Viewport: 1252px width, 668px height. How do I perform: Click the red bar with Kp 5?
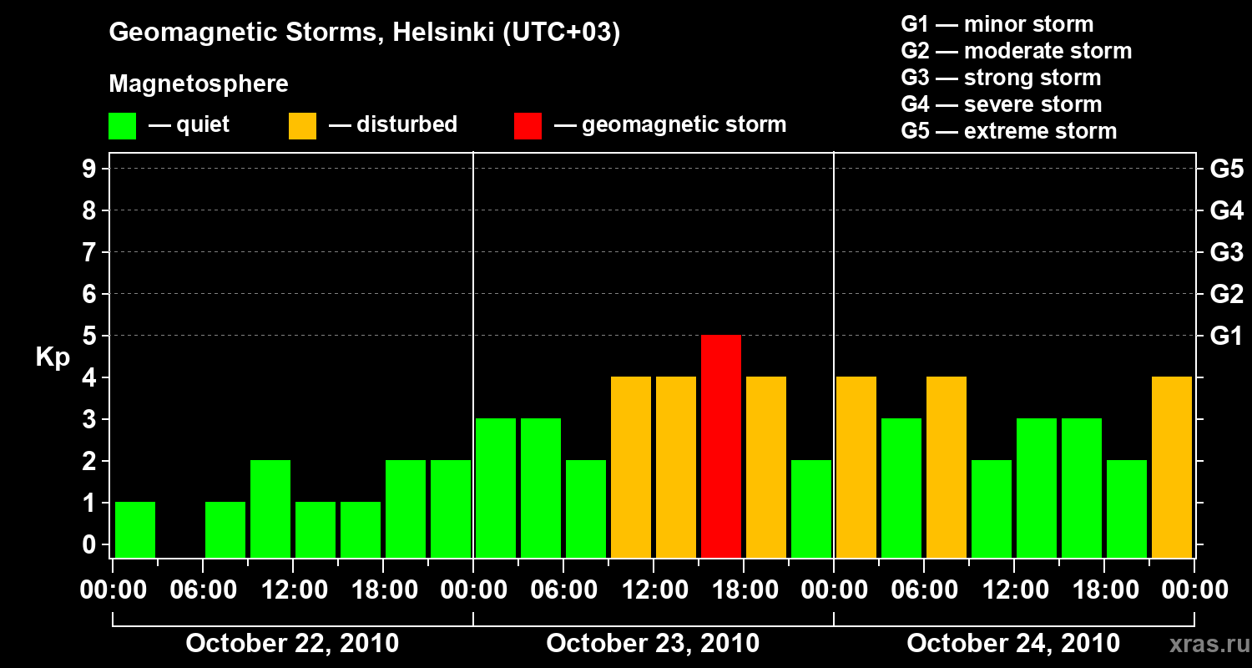(721, 446)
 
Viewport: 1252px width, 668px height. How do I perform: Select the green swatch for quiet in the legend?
(123, 125)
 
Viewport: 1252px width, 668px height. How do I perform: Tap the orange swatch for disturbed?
(302, 125)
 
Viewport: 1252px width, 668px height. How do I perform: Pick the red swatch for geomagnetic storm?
(528, 125)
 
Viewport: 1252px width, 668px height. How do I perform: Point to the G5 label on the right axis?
(1226, 170)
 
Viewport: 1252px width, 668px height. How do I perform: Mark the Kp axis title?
(53, 357)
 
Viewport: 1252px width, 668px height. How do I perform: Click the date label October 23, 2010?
(653, 644)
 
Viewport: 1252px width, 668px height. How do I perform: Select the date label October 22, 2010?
(292, 644)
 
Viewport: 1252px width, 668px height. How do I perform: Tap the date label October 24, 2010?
(1013, 644)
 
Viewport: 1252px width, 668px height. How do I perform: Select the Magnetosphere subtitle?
(199, 84)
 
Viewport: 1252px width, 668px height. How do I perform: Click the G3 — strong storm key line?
(1001, 78)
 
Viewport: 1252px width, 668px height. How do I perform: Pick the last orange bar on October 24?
(1172, 467)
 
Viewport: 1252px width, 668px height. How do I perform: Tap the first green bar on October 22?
(135, 529)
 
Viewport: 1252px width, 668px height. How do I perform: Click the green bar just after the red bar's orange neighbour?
(811, 509)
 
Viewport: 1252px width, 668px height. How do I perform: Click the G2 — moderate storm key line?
(1016, 51)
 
